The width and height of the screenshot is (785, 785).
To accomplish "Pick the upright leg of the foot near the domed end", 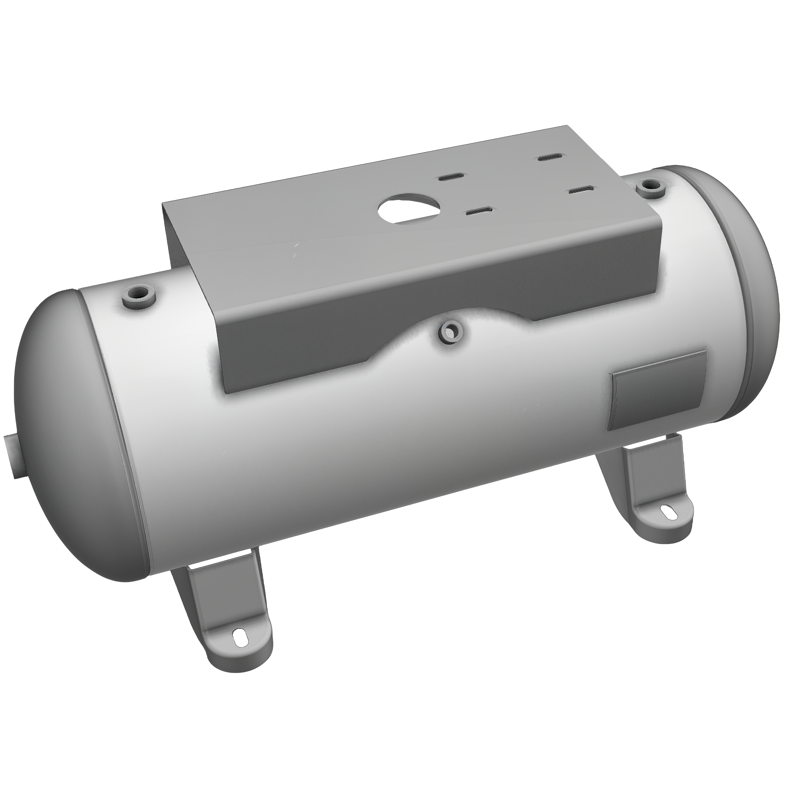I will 195,589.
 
